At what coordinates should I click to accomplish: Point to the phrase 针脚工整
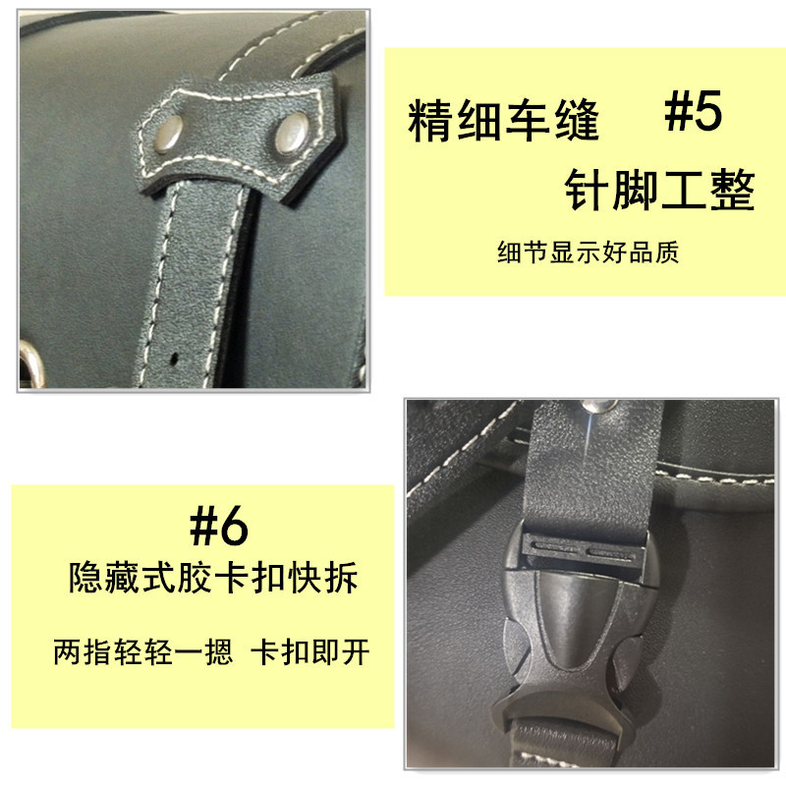point(659,190)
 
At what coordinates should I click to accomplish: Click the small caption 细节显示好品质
point(589,253)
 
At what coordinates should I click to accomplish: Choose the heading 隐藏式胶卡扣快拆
point(213,577)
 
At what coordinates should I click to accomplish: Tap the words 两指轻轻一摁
point(142,652)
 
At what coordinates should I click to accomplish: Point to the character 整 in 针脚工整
point(731,190)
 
